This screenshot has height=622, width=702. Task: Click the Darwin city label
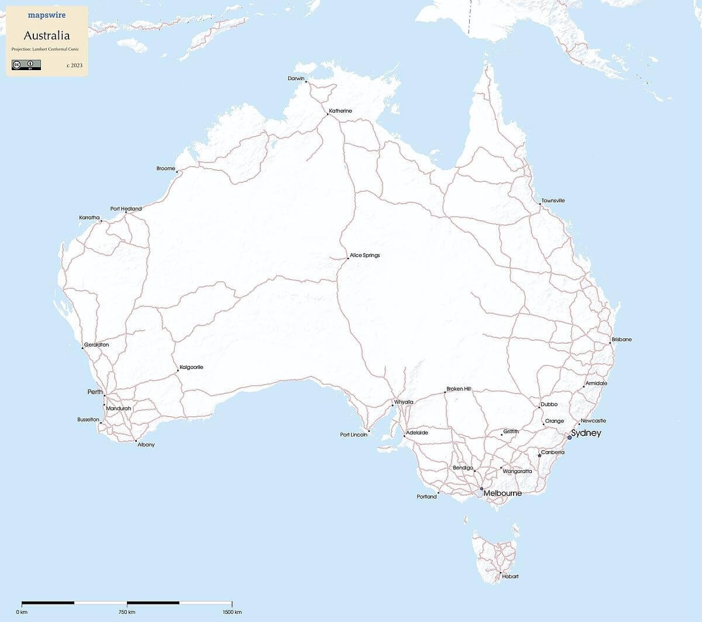[x=296, y=78]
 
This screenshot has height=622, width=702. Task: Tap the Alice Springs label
[x=364, y=255]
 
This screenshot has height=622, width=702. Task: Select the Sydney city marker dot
[x=569, y=437]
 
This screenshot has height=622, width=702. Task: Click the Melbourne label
[x=502, y=493]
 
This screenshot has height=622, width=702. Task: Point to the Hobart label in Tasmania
[x=510, y=576]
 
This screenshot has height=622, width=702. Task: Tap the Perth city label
[x=95, y=392]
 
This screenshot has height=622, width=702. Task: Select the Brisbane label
[x=621, y=340]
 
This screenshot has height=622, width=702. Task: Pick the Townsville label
[x=553, y=201]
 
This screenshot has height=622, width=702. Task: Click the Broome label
[x=166, y=168]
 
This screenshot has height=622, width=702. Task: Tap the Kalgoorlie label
[x=191, y=367]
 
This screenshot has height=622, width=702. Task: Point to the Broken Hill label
[x=458, y=389]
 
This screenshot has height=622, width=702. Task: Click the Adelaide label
[x=417, y=433]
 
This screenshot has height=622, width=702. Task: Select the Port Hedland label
[x=126, y=209]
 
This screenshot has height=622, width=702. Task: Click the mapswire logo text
[x=47, y=15]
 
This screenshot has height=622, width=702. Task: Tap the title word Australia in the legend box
[x=47, y=36]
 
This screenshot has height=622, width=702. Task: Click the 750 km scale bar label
[x=127, y=612]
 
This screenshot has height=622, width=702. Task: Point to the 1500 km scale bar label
[x=232, y=612]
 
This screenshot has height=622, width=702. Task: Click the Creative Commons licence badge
[x=26, y=65]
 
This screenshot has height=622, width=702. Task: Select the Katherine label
[x=340, y=111]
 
